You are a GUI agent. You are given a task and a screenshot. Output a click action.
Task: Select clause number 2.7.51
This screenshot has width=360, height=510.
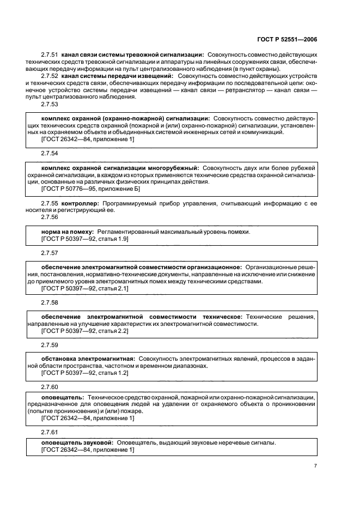[x=50, y=55]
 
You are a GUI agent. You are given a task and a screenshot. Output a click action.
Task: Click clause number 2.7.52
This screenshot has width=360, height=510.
[x=50, y=76]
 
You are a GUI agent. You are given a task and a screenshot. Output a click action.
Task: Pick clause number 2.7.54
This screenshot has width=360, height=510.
[x=50, y=154]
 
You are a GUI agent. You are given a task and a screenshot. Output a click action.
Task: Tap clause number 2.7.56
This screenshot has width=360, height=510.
[x=50, y=218]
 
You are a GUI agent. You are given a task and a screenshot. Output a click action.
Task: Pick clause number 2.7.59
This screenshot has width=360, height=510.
[x=50, y=345]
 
